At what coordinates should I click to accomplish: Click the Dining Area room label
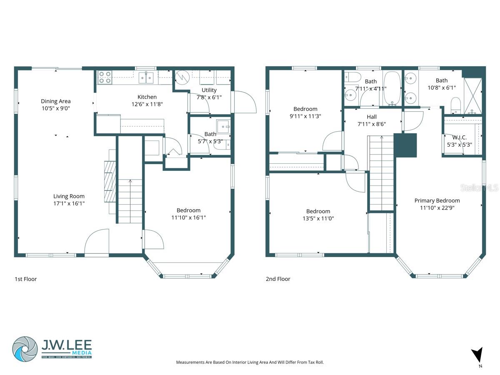click(55, 101)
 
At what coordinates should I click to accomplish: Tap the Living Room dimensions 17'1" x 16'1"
click(69, 203)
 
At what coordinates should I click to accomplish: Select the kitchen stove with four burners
click(105, 77)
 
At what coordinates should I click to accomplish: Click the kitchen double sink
click(146, 77)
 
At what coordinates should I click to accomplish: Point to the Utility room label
click(209, 90)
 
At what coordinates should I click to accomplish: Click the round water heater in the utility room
click(182, 77)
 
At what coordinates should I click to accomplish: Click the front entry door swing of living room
click(97, 242)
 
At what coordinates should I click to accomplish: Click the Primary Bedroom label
click(437, 200)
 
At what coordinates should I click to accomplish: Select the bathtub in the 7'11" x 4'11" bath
click(392, 88)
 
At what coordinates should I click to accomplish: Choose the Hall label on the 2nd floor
click(372, 117)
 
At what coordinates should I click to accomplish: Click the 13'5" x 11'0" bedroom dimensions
click(318, 218)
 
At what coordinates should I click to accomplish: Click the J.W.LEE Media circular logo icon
click(25, 348)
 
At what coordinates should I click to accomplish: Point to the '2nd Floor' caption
click(278, 279)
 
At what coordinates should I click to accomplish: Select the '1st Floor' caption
click(25, 279)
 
